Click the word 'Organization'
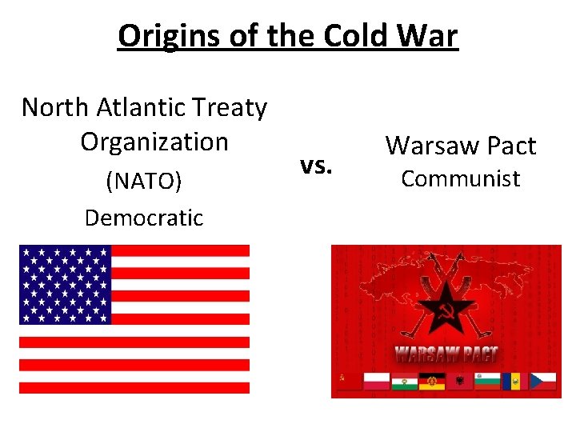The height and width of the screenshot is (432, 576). click(x=154, y=142)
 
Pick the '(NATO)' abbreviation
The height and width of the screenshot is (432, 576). click(x=144, y=182)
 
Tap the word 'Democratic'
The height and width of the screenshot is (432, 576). click(x=144, y=218)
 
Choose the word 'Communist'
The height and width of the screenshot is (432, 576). click(x=460, y=178)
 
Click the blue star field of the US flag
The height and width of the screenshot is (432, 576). click(x=65, y=284)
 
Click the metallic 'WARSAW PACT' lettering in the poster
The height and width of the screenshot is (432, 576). click(x=446, y=354)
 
